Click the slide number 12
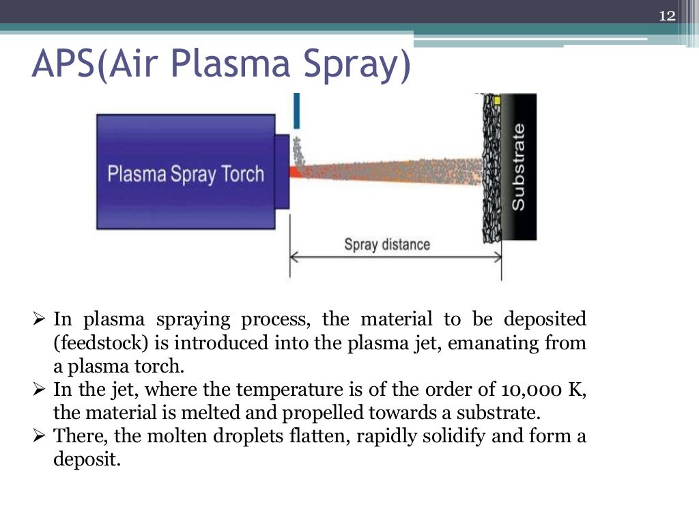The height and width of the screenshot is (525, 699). [667, 16]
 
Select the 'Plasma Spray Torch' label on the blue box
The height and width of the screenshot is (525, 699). [185, 174]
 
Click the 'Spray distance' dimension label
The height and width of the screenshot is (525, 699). [387, 244]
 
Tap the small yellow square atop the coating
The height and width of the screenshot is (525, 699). [497, 100]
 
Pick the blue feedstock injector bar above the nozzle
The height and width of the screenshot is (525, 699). [296, 111]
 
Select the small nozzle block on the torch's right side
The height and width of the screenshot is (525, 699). [281, 171]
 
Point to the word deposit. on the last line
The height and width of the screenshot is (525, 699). [87, 459]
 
